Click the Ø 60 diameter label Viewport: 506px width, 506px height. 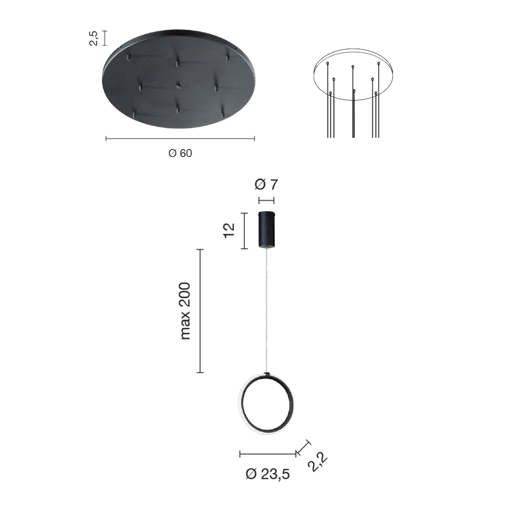pos(180,153)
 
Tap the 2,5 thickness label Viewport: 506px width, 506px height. pos(94,38)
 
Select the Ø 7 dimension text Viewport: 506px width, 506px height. pos(266,185)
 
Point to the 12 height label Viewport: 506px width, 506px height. pos(229,230)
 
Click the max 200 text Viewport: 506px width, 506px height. pos(185,311)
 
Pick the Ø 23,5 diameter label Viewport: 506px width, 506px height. pos(268,474)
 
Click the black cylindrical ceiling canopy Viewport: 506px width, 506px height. pos(267,229)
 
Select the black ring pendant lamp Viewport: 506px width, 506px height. pos(266,403)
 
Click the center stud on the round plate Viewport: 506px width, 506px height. pos(178,86)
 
